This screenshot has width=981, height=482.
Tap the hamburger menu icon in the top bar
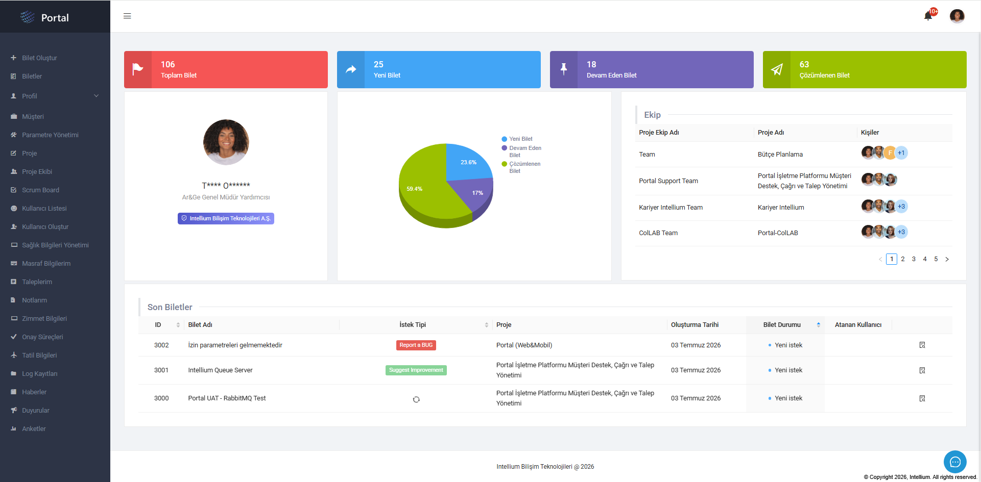pos(127,16)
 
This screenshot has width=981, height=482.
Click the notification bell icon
pos(928,16)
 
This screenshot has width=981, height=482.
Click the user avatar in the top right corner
pos(956,16)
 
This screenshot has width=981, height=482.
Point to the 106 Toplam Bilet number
pos(168,64)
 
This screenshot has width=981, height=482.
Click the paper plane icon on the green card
pos(777,69)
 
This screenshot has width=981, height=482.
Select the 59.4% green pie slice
pos(424,194)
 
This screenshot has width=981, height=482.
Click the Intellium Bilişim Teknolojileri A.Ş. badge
pos(226,218)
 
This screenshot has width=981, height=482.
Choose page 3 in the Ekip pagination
pos(914,259)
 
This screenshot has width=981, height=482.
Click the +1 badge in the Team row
pos(901,153)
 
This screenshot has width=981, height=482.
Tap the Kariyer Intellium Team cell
pos(671,208)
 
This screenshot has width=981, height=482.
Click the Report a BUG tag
pos(416,345)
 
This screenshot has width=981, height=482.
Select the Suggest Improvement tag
pos(416,370)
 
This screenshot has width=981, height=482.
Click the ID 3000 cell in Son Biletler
pos(161,398)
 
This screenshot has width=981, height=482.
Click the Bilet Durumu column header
pos(782,325)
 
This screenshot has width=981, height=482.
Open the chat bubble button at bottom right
pos(955,462)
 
